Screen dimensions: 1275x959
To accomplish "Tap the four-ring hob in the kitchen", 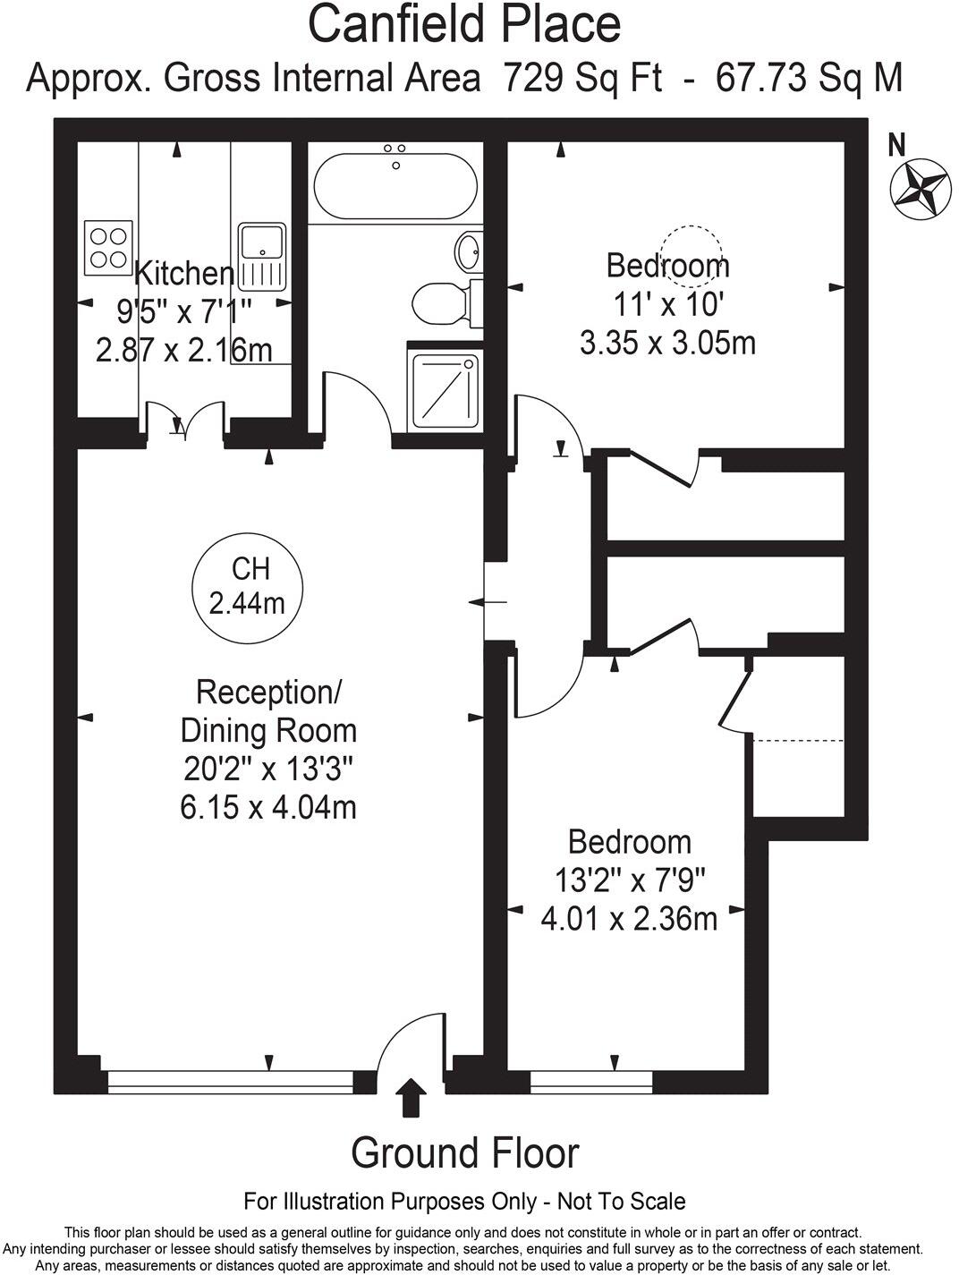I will coord(108,248).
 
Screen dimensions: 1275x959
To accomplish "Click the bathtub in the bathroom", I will coord(395,186).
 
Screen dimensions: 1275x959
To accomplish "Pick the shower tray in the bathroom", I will coord(443,387).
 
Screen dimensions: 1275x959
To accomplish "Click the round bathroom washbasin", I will coord(469,251).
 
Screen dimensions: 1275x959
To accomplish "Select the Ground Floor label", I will coord(464,1152).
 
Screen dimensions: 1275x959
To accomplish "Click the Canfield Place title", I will coord(464,24).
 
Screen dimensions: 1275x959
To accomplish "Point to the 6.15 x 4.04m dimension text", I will coord(268,807).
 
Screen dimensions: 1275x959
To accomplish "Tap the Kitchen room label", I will coord(184,273).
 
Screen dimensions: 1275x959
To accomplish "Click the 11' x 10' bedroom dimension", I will coord(667,305).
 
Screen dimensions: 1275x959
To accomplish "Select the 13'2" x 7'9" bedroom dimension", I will coord(630,880).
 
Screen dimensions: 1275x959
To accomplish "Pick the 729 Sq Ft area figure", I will coord(582,78).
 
